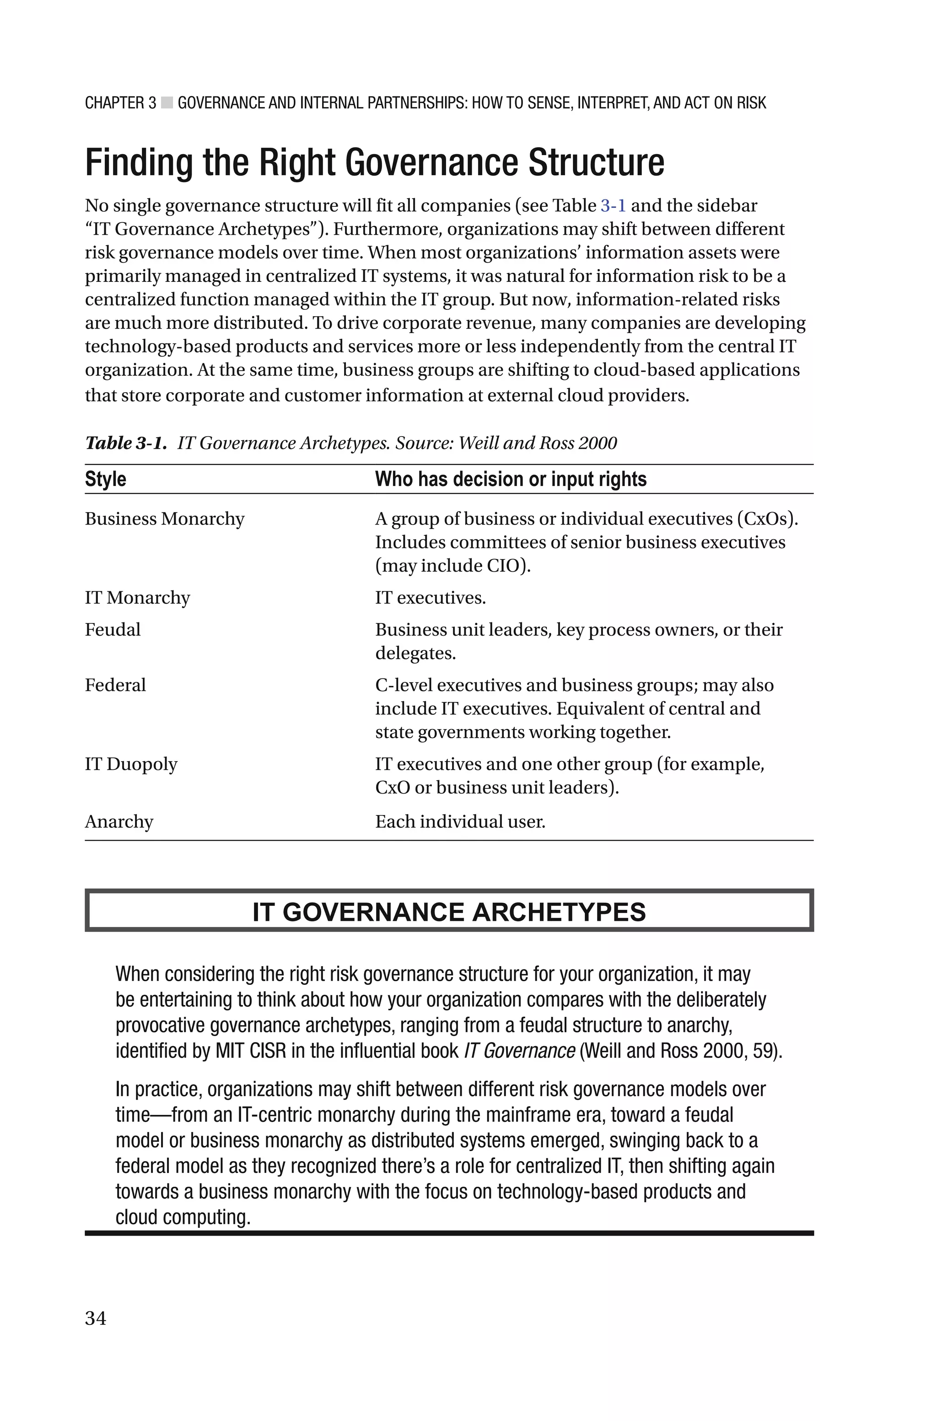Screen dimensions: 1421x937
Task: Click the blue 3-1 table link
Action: click(613, 205)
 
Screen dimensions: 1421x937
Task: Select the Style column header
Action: click(105, 479)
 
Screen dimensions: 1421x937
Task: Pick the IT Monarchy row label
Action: click(137, 598)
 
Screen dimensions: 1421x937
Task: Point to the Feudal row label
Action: click(113, 630)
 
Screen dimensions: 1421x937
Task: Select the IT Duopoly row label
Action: click(131, 764)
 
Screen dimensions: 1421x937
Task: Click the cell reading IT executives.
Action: click(430, 598)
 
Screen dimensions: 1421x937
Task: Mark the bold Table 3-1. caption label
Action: click(125, 443)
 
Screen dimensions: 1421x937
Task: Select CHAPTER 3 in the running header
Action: click(120, 103)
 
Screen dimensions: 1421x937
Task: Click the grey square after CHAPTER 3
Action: click(167, 103)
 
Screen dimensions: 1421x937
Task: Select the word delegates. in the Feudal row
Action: click(415, 653)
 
